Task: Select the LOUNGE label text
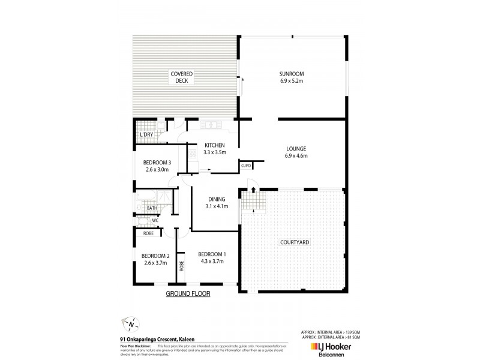click(296, 148)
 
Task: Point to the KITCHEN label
click(214, 145)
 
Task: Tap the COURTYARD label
click(295, 242)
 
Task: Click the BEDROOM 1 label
click(210, 254)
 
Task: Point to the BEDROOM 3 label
click(157, 162)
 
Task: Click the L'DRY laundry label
click(146, 135)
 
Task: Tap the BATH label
click(152, 208)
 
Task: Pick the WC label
click(154, 220)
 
